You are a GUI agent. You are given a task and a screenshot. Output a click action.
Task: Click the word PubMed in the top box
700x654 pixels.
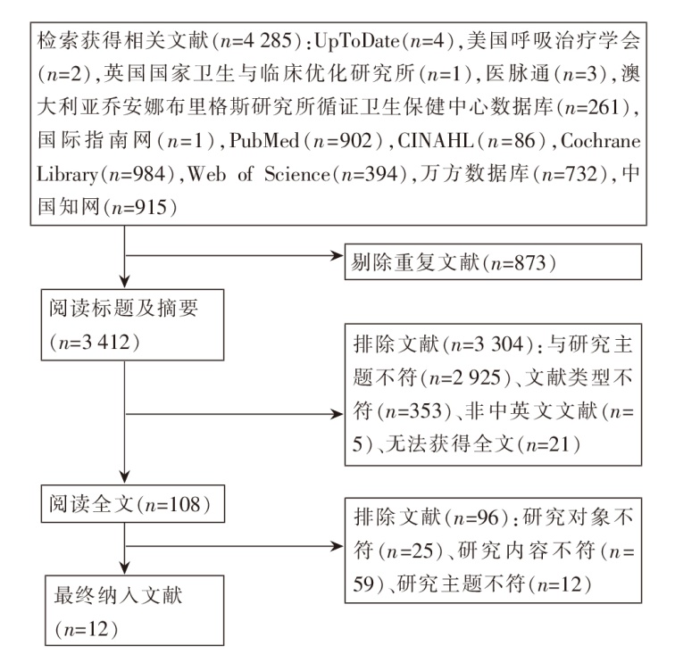click(x=269, y=141)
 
